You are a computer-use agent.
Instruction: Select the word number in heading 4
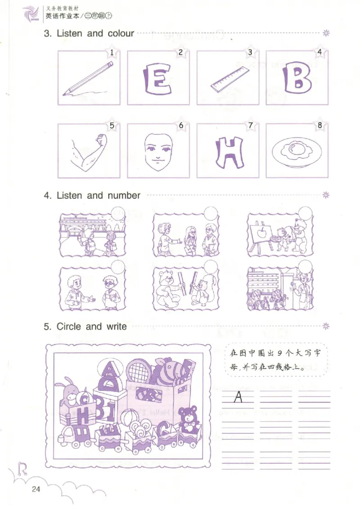tap(124, 196)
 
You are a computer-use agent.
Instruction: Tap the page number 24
tap(36, 489)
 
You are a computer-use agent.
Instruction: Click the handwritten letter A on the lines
tap(238, 397)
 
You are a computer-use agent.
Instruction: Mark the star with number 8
tap(320, 126)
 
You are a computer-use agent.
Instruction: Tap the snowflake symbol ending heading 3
tap(326, 33)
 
